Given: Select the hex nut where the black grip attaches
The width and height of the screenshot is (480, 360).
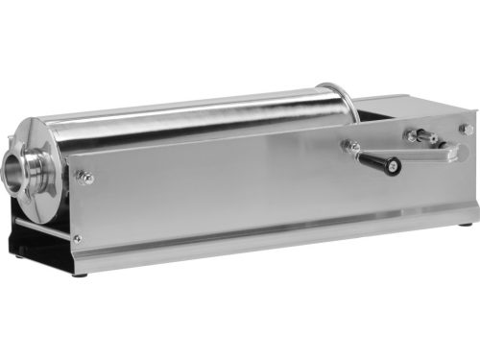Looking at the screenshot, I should [353, 148].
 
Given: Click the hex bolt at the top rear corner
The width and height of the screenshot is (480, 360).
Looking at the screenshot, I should [465, 128].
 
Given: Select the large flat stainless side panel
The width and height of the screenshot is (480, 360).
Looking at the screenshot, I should [221, 192].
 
